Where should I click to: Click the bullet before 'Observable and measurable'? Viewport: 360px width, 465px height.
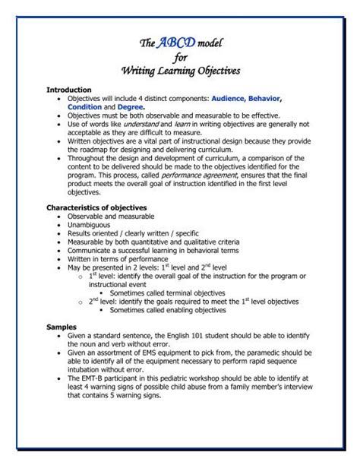(58, 217)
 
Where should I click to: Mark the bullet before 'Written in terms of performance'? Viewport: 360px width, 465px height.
(58, 258)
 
